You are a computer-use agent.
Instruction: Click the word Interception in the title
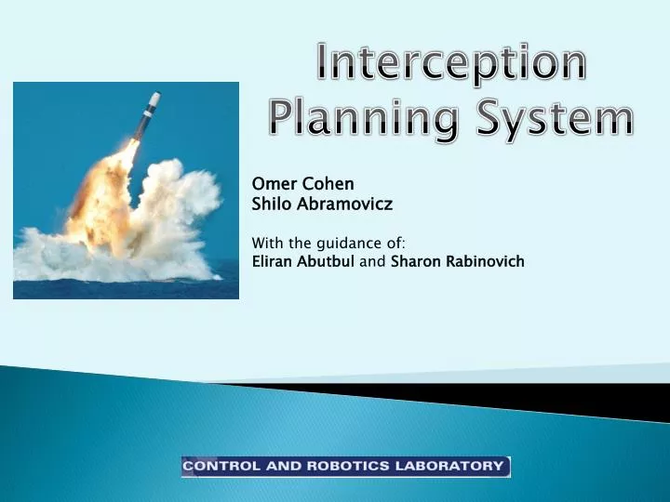point(451,61)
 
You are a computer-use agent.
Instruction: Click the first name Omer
point(275,184)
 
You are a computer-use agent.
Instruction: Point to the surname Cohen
point(328,184)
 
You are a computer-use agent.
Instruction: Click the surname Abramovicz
point(344,204)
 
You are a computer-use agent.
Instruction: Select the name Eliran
point(272,261)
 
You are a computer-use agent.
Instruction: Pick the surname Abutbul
point(325,261)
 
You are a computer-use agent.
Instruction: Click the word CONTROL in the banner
point(221,466)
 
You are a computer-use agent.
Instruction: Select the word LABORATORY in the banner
point(449,466)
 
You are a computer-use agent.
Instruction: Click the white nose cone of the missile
point(155,99)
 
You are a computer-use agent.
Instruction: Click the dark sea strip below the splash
point(126,289)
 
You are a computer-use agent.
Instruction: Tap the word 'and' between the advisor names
point(372,261)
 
